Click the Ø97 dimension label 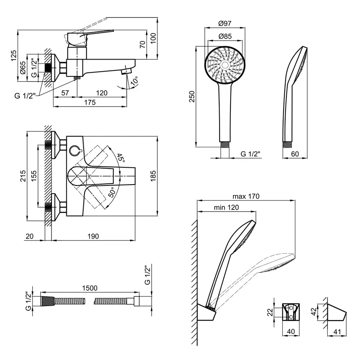point(225,24)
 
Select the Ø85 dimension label point(225,37)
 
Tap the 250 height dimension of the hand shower point(192,97)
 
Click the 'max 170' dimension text point(246,197)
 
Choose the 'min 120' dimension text point(227,208)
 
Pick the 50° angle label point(111,192)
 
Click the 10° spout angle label point(134,81)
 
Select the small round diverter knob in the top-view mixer point(75,150)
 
